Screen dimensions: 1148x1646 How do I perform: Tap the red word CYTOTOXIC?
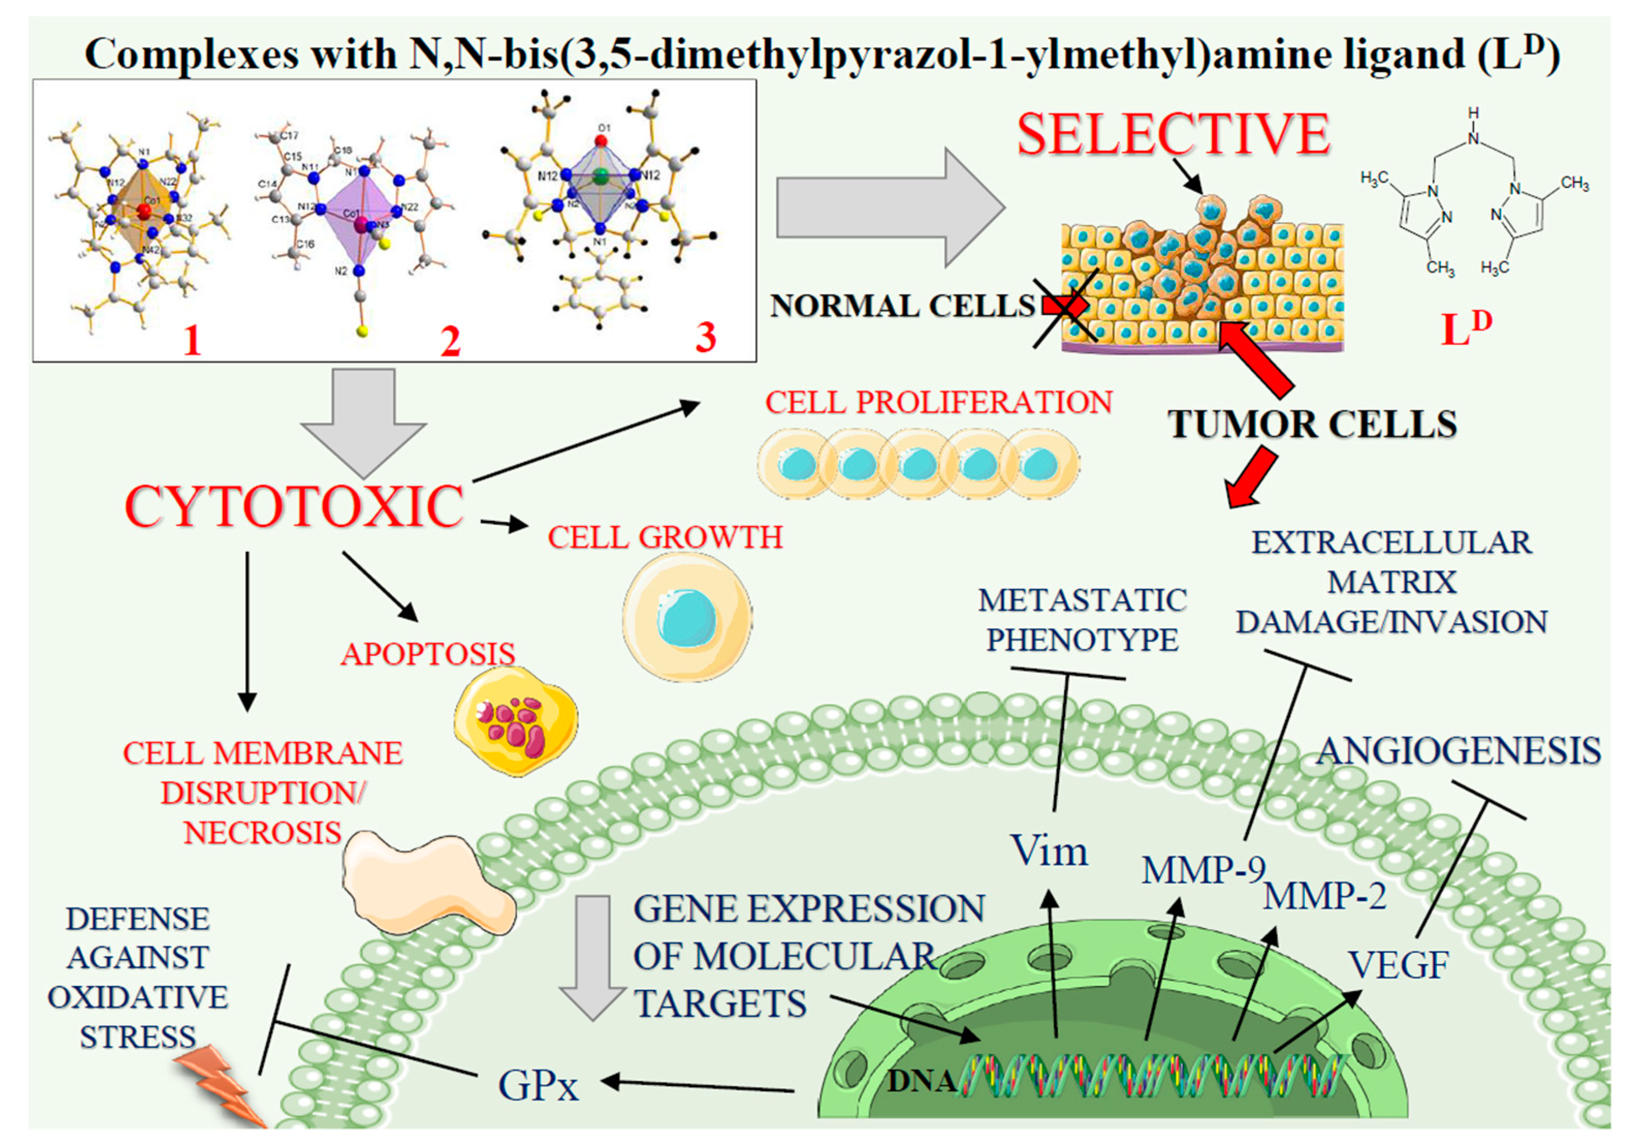294,507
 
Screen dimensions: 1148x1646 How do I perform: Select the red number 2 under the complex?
450,341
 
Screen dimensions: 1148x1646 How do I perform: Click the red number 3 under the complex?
706,337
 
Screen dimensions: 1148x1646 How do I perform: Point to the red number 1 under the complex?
191,340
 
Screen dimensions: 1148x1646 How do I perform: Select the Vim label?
1049,851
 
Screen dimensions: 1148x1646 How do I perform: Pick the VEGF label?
1398,964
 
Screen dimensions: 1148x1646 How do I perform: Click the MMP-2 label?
1325,896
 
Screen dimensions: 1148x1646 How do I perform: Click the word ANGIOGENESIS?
1458,751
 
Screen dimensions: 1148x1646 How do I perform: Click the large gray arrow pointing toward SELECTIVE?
889,208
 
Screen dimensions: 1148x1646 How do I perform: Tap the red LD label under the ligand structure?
1465,328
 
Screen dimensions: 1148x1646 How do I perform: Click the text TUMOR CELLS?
1312,424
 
